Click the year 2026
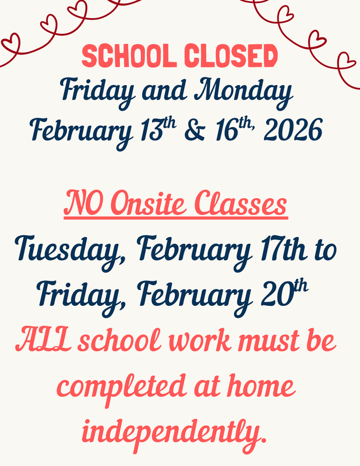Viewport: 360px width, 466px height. [x=293, y=130]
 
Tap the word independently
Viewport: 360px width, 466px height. [x=178, y=431]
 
